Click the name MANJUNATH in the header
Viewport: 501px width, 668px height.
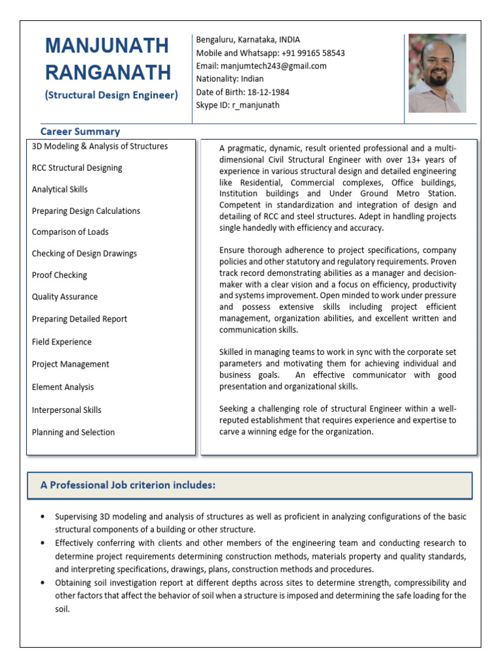[107, 46]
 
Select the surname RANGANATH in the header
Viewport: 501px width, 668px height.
[108, 72]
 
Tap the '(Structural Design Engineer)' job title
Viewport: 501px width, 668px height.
[111, 95]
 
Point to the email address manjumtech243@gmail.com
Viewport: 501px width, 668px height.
[274, 66]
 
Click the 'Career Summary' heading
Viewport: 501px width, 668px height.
[80, 131]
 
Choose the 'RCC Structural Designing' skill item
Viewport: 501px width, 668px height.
[77, 168]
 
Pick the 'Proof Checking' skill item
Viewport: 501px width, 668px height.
[59, 275]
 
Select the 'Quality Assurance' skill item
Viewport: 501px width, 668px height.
[65, 297]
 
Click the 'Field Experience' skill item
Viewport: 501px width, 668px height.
[62, 342]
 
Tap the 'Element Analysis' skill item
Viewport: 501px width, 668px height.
[63, 387]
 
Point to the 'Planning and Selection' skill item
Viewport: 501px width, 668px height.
[73, 432]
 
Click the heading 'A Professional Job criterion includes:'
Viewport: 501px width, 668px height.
[128, 485]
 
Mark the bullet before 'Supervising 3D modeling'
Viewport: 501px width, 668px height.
[42, 517]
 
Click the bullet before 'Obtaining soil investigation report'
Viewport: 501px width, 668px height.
[42, 583]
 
